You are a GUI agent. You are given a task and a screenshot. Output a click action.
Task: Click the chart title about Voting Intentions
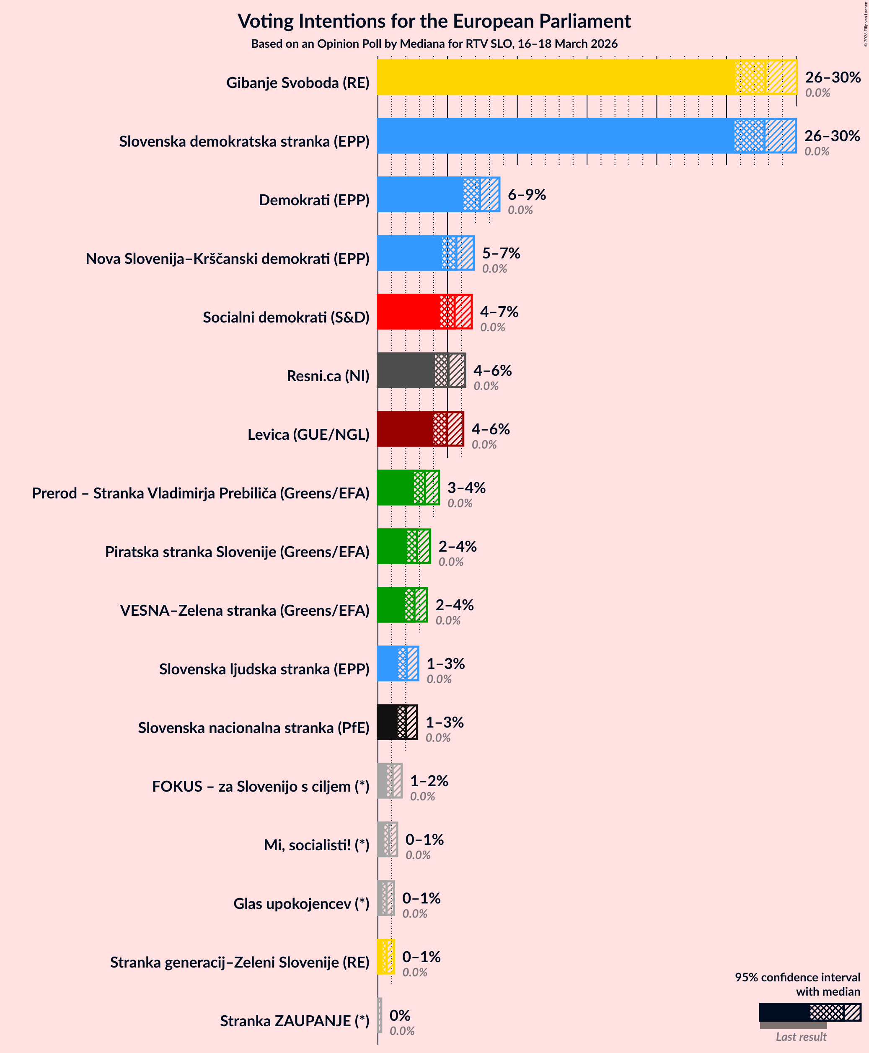tap(434, 21)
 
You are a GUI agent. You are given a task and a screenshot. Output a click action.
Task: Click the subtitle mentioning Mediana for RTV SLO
tap(434, 44)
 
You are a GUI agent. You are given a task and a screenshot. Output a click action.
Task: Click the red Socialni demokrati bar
tap(408, 311)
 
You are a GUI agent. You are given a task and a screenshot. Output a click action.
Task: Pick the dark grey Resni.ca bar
tap(406, 370)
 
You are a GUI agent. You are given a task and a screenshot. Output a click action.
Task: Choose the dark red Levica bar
tap(404, 429)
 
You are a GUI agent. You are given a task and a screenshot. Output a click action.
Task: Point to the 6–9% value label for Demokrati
tap(527, 194)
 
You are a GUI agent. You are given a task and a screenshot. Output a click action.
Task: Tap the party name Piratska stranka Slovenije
tap(237, 552)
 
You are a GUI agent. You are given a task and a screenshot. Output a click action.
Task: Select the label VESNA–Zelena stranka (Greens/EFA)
tap(244, 610)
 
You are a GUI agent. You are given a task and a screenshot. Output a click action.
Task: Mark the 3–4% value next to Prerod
tap(466, 488)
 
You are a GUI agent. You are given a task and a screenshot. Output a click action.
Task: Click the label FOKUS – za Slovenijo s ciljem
tap(260, 786)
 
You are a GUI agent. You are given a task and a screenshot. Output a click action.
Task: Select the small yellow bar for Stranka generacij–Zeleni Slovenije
tap(385, 956)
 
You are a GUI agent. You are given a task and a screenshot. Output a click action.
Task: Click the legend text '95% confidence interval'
tap(797, 977)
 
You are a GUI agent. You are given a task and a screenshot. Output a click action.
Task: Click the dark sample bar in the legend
tap(784, 1012)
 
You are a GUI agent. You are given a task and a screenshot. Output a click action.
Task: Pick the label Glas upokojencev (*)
tap(301, 903)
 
